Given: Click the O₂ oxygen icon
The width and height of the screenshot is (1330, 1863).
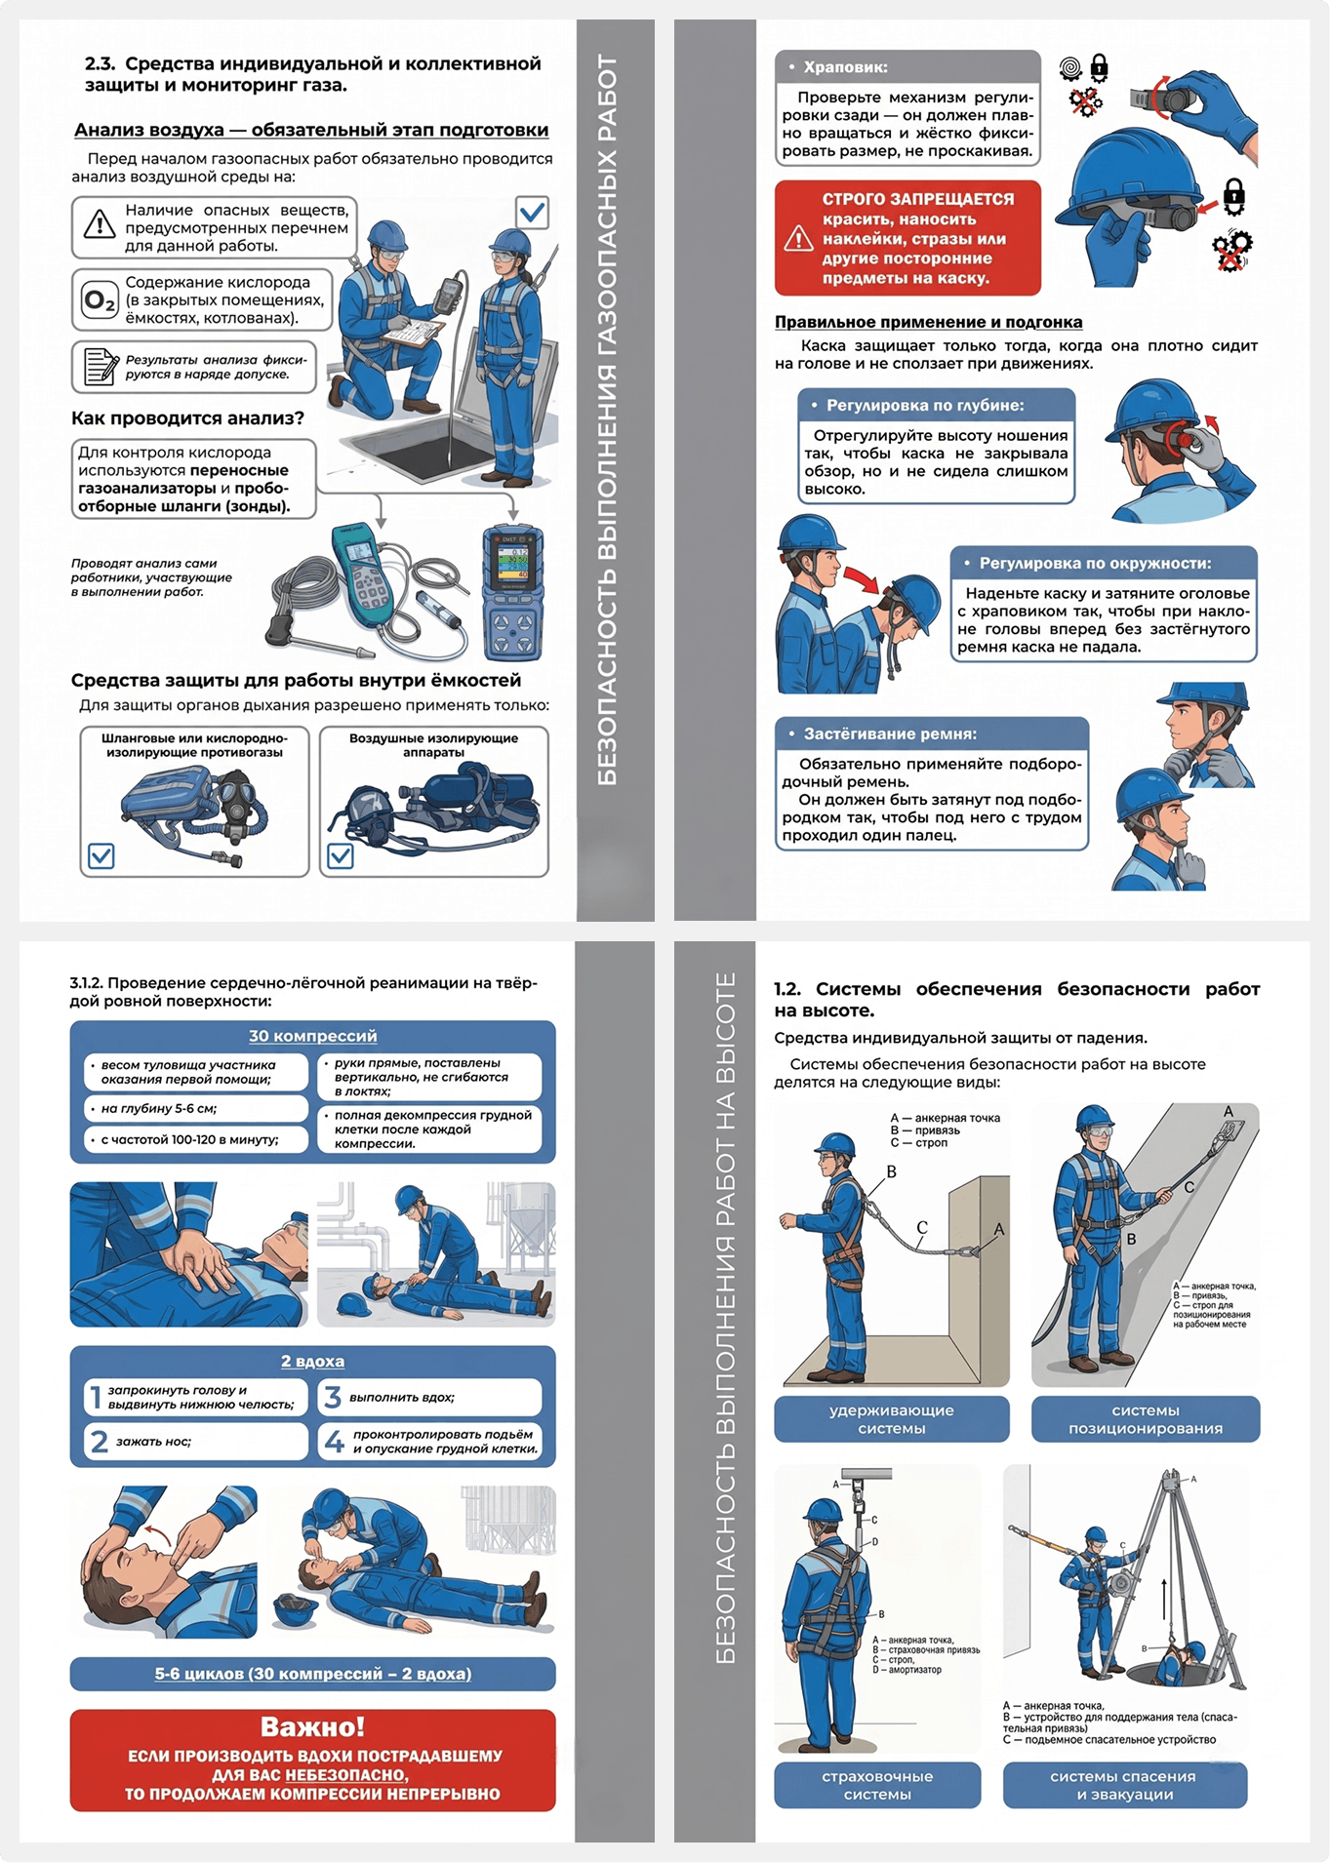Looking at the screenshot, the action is pyautogui.click(x=99, y=300).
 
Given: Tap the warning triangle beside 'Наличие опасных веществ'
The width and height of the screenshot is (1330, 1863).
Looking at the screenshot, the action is pyautogui.click(x=99, y=224).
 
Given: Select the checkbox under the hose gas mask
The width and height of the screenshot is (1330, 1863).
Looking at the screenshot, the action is pyautogui.click(x=101, y=855).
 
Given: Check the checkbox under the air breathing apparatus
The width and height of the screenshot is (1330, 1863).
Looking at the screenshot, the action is pyautogui.click(x=341, y=855).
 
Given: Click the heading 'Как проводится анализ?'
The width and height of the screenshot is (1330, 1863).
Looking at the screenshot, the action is pyautogui.click(x=187, y=418).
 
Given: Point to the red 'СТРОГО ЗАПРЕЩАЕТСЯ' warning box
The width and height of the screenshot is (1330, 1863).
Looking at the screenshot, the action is pyautogui.click(x=907, y=237).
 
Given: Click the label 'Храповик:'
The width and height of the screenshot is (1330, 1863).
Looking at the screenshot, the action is pyautogui.click(x=845, y=67).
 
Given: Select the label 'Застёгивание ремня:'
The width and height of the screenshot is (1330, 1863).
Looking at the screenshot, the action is pyautogui.click(x=890, y=733).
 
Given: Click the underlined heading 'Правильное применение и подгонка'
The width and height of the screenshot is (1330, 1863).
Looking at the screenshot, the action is pyautogui.click(x=928, y=322).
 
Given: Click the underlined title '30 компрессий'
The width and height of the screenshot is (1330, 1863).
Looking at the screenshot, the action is pyautogui.click(x=312, y=1036).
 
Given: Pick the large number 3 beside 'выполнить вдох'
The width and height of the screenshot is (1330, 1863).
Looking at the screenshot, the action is pyautogui.click(x=332, y=1397).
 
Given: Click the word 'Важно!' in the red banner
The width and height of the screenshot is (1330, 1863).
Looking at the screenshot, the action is pyautogui.click(x=312, y=1726).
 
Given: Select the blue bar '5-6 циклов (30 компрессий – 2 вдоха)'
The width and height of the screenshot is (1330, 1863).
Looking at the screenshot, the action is pyautogui.click(x=312, y=1674).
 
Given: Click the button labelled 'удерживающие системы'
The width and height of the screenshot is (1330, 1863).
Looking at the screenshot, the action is pyautogui.click(x=892, y=1419).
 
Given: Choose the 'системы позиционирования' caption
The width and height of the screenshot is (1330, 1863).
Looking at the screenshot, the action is pyautogui.click(x=1146, y=1419).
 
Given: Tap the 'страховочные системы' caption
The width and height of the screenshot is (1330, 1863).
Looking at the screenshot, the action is pyautogui.click(x=877, y=1785).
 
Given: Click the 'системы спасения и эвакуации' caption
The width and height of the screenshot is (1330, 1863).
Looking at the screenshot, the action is pyautogui.click(x=1124, y=1785).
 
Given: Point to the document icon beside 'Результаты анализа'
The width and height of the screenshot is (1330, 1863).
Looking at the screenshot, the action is pyautogui.click(x=99, y=367).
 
